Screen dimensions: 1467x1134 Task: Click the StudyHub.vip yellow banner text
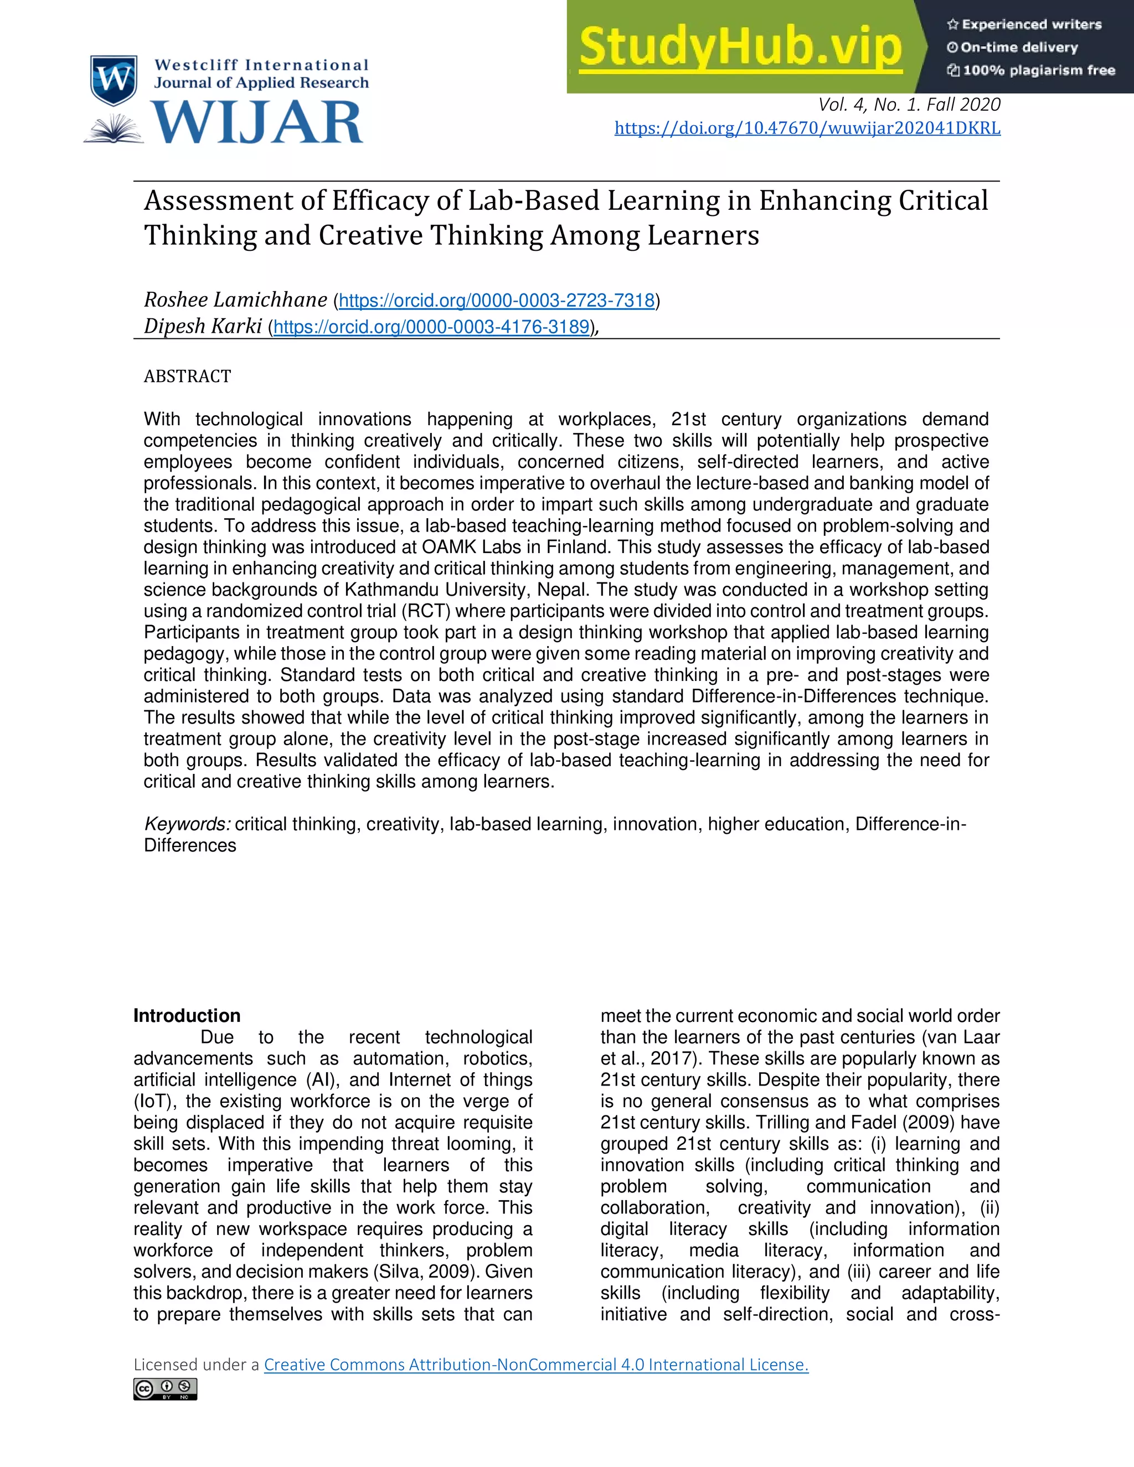coord(740,47)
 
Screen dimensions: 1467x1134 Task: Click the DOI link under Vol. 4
coord(807,128)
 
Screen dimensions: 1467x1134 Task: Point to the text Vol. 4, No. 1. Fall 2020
coord(909,105)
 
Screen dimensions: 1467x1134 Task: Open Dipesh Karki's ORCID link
coord(431,327)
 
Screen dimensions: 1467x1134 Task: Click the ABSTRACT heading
coord(188,376)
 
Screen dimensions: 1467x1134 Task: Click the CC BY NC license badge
coord(165,1388)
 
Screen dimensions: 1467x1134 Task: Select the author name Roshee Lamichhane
coord(235,299)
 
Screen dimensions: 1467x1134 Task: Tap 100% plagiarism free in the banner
coord(1039,70)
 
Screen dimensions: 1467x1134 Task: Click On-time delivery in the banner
coord(1018,48)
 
